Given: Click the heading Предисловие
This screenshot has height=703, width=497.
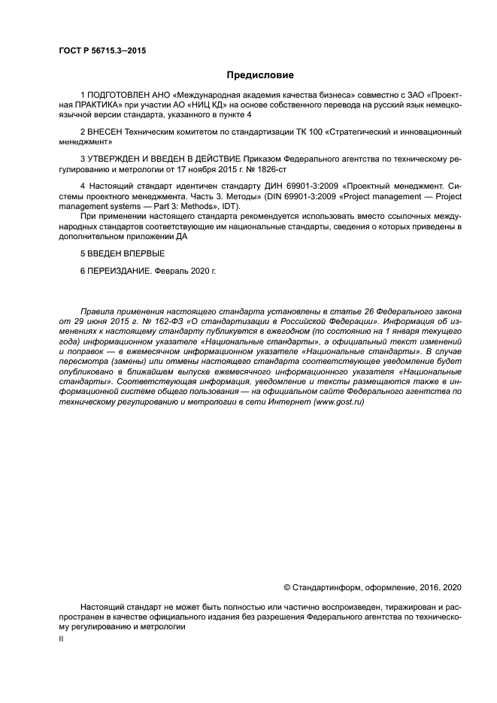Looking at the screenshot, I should click(260, 75).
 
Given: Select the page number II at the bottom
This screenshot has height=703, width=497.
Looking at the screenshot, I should click(61, 638).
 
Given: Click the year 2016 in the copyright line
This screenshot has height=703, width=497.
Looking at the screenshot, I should click(426, 586).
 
